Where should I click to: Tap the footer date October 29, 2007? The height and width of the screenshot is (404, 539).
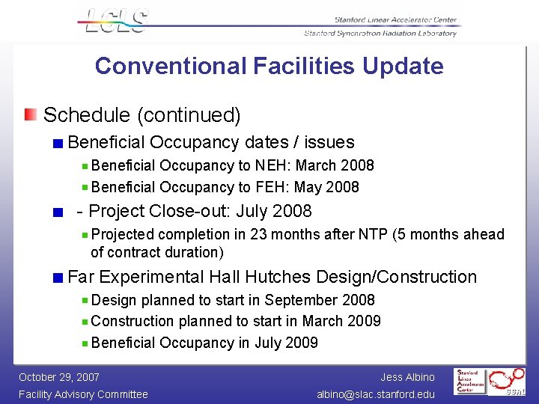tap(59, 377)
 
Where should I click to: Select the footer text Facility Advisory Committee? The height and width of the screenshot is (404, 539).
tap(83, 394)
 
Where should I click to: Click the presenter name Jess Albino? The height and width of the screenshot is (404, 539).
tap(407, 377)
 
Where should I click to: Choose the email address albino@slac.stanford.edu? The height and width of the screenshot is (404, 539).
tap(375, 394)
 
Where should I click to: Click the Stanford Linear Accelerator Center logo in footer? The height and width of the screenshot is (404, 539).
tap(472, 382)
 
